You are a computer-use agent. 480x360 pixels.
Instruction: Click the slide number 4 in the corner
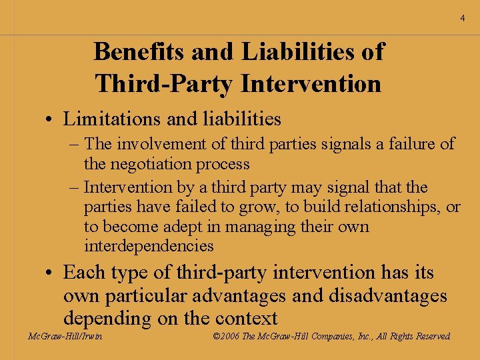(462, 19)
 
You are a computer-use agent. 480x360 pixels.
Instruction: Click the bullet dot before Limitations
(51, 120)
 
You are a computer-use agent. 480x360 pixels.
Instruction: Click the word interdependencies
(149, 246)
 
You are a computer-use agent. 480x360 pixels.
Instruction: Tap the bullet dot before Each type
(51, 273)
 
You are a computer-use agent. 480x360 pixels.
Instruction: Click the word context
(241, 318)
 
